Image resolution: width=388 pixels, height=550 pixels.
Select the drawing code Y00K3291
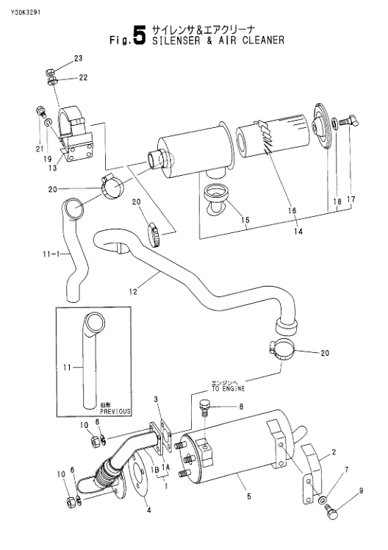[25, 12]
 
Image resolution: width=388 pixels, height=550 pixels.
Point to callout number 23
[78, 58]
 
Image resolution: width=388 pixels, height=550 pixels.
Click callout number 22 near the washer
[83, 77]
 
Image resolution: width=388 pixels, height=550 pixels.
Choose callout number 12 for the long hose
[133, 291]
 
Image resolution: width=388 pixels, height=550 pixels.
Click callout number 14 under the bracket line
[298, 232]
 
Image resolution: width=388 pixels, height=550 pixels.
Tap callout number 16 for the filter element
[292, 210]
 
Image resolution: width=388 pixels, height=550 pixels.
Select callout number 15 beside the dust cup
[245, 220]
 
